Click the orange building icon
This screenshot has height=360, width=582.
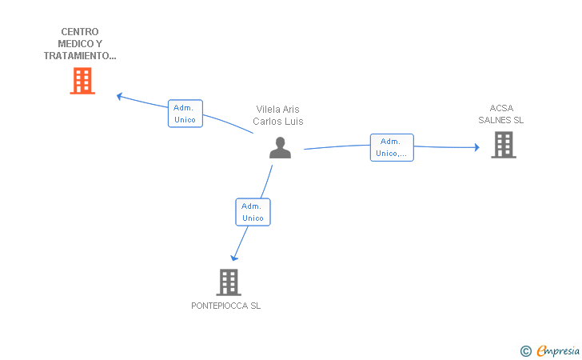coord(82,81)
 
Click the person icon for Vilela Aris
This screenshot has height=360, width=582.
coord(281,147)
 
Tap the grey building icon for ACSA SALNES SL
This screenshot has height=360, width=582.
coord(504,145)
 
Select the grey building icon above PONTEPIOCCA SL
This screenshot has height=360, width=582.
coord(229,282)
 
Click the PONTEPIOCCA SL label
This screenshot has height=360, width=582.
coord(225,306)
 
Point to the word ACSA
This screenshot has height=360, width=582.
coord(501,108)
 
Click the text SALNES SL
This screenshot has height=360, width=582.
coord(500,120)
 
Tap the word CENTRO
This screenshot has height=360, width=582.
coord(80,31)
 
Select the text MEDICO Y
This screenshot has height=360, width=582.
coord(80,44)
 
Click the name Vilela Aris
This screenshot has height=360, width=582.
coord(277,110)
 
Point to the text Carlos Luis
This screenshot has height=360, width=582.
coord(278,121)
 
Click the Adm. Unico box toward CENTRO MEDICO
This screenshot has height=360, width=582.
coord(185,114)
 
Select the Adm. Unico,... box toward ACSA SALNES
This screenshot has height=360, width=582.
coord(392,147)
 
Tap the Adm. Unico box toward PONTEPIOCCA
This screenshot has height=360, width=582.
coord(253,212)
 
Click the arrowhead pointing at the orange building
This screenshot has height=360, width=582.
coord(120,97)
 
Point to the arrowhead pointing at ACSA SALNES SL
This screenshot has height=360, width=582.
coord(477,147)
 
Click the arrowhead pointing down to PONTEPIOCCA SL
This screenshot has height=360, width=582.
coord(233,258)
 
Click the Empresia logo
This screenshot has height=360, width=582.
coord(557,350)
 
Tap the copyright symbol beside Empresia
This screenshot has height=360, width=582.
coord(526,351)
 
